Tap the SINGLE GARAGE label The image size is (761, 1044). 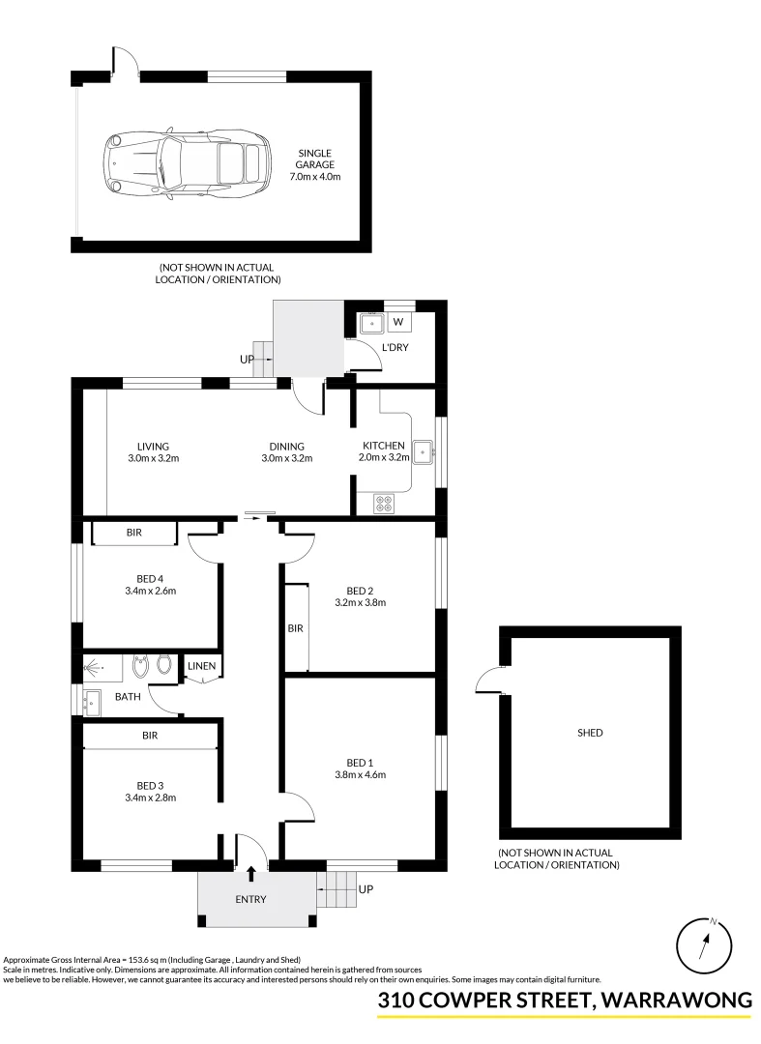(315, 159)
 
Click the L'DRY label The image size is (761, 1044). (395, 347)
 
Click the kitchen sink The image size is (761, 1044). (423, 450)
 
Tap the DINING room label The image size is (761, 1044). (287, 447)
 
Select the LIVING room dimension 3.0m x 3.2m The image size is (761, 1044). (153, 458)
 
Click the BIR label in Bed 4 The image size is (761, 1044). (134, 533)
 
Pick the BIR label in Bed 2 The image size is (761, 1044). (295, 628)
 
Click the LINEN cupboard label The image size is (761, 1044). (202, 666)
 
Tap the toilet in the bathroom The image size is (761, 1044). (163, 665)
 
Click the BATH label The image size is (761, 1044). (129, 696)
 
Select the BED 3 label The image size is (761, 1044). (150, 785)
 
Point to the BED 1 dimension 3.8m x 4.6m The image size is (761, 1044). (360, 773)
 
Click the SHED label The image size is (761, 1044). (590, 733)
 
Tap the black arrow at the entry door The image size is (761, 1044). (251, 874)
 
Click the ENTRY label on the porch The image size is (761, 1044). (250, 900)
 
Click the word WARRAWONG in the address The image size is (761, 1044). (676, 1001)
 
